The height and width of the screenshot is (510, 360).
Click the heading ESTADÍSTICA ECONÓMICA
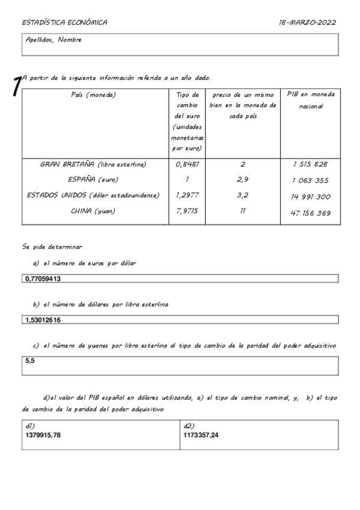pyautogui.click(x=64, y=22)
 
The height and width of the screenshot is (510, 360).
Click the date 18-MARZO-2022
pyautogui.click(x=307, y=22)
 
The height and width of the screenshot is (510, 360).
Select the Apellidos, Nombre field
pyautogui.click(x=180, y=44)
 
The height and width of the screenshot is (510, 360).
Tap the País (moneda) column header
pyautogui.click(x=93, y=95)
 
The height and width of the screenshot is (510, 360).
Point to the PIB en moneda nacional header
pyautogui.click(x=310, y=100)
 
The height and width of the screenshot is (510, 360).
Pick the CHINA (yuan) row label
pyautogui.click(x=93, y=211)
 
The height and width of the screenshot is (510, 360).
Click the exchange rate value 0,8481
pyautogui.click(x=186, y=164)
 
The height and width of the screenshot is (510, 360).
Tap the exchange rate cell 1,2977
pyautogui.click(x=186, y=195)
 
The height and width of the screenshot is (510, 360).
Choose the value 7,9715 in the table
pyautogui.click(x=186, y=211)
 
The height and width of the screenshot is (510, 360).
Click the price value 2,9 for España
pyautogui.click(x=242, y=179)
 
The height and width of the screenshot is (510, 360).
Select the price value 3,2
pyautogui.click(x=242, y=195)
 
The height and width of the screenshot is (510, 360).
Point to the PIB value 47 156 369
pyautogui.click(x=310, y=213)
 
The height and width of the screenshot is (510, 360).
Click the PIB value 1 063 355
pyautogui.click(x=310, y=180)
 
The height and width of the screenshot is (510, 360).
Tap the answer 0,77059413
pyautogui.click(x=43, y=278)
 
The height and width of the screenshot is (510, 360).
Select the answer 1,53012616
pyautogui.click(x=43, y=319)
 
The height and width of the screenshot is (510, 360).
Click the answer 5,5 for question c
pyautogui.click(x=30, y=360)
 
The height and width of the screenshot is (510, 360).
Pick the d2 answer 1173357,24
pyautogui.click(x=201, y=434)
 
